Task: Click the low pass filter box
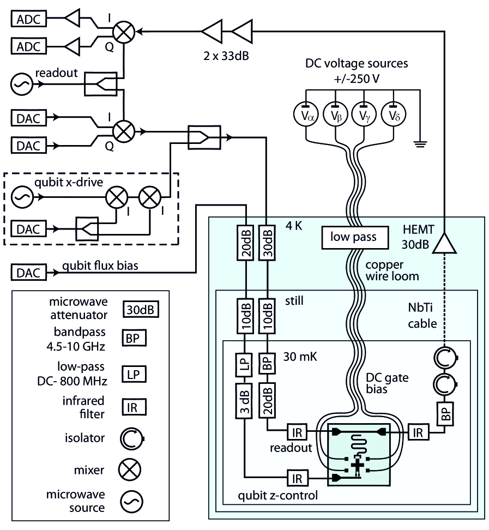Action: coord(354,237)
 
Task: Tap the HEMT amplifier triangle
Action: coord(444,243)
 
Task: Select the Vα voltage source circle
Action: coord(306,115)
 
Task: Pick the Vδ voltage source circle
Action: coord(394,115)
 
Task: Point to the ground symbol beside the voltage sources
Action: coord(420,144)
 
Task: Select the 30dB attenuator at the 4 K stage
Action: coord(267,243)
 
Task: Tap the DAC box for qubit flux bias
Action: coord(29,273)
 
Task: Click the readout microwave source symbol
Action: coord(22,84)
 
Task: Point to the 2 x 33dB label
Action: coord(226,56)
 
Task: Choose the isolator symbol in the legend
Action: coord(132,438)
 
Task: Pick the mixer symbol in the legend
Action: coord(129,469)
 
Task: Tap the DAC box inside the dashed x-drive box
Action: coord(29,229)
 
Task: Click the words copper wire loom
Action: coord(392,270)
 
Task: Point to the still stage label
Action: coord(294,300)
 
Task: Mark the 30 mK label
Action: coord(300,357)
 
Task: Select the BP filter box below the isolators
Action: coord(445,413)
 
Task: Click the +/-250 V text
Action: coord(357,79)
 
